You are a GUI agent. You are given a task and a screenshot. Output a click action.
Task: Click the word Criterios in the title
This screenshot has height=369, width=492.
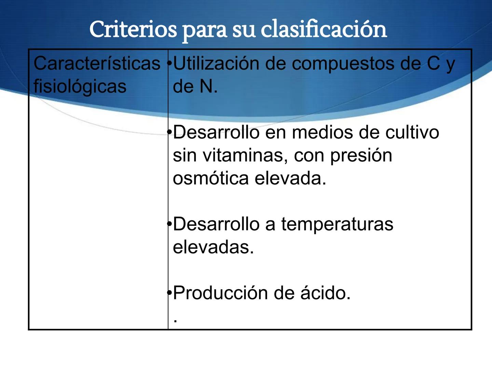(x=133, y=29)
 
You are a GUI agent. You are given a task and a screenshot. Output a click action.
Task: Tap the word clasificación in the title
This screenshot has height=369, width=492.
(x=324, y=29)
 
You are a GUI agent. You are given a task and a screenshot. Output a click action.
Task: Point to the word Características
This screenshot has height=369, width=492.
(x=97, y=64)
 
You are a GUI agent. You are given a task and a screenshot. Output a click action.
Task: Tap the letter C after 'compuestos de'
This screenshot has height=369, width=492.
(x=433, y=64)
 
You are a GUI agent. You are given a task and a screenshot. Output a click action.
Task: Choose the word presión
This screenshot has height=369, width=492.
(x=361, y=156)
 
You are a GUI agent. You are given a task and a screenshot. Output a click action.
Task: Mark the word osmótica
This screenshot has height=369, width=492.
(x=210, y=178)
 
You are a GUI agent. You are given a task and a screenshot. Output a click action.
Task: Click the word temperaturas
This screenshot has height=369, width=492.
(x=337, y=225)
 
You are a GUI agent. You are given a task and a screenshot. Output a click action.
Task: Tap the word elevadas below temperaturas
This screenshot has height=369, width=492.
(x=213, y=247)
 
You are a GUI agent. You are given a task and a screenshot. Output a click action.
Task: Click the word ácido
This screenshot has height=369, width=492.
(x=325, y=293)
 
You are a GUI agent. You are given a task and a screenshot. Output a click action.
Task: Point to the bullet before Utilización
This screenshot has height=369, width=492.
(x=169, y=64)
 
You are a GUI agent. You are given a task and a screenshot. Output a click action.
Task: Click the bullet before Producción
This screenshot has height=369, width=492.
(x=169, y=293)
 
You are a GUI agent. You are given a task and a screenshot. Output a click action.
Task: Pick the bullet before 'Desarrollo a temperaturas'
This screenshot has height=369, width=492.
(x=169, y=224)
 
